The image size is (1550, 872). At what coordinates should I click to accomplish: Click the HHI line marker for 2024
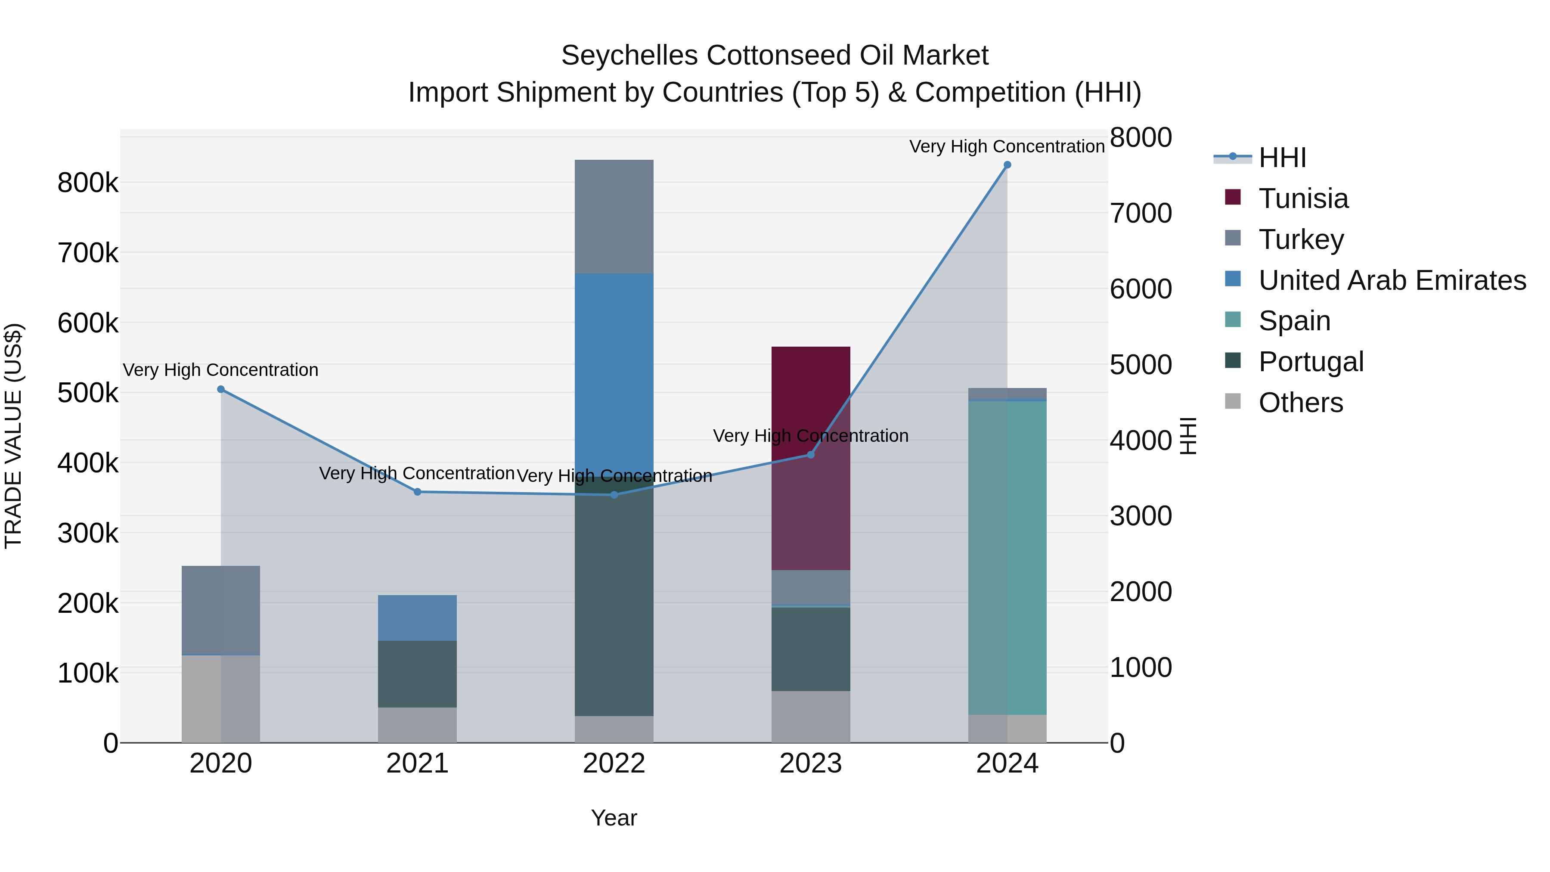pyautogui.click(x=1007, y=165)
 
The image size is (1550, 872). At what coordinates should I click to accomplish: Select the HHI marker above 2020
pyautogui.click(x=221, y=389)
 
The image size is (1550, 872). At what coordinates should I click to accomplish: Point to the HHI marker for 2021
pyautogui.click(x=418, y=492)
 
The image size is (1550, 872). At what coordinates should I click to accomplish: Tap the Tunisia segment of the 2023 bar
pyautogui.click(x=810, y=457)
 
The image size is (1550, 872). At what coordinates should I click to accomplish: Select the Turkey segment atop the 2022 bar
pyautogui.click(x=614, y=217)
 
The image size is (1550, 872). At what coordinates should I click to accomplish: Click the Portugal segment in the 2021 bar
pyautogui.click(x=417, y=673)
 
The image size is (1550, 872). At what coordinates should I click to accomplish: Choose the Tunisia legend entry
pyautogui.click(x=1303, y=199)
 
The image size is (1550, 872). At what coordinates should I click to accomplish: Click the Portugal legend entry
pyautogui.click(x=1311, y=362)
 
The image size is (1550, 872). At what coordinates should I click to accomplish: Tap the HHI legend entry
pyautogui.click(x=1282, y=158)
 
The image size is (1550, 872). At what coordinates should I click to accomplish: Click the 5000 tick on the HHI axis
pyautogui.click(x=1140, y=365)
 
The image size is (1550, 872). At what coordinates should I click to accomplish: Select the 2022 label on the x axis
pyautogui.click(x=614, y=763)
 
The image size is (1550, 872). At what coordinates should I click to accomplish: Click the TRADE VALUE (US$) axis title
pyautogui.click(x=14, y=436)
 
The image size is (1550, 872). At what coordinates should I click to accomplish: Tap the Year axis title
pyautogui.click(x=614, y=818)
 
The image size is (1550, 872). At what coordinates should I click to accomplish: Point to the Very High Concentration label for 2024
pyautogui.click(x=1007, y=146)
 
